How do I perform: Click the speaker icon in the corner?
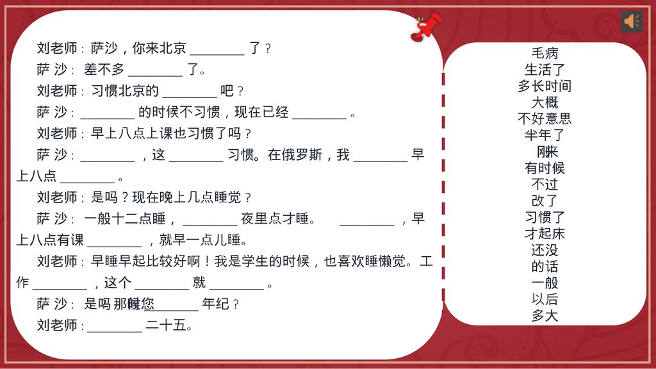pyautogui.click(x=632, y=21)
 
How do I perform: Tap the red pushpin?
pyautogui.click(x=425, y=27)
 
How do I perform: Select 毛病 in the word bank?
pyautogui.click(x=545, y=53)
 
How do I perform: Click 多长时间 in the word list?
pyautogui.click(x=545, y=86)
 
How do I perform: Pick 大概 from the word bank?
pyautogui.click(x=545, y=102)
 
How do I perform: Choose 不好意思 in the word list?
pyautogui.click(x=545, y=119)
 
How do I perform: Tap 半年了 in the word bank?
pyautogui.click(x=545, y=135)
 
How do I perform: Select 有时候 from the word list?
pyautogui.click(x=545, y=168)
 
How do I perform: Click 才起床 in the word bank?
pyautogui.click(x=545, y=234)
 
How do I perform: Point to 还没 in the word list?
pyautogui.click(x=545, y=250)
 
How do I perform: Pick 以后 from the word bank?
pyautogui.click(x=545, y=299)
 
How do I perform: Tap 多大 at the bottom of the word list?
pyautogui.click(x=545, y=316)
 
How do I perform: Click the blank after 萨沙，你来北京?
pyautogui.click(x=217, y=49)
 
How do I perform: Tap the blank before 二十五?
pyautogui.click(x=115, y=326)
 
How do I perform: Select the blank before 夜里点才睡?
pyautogui.click(x=209, y=220)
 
